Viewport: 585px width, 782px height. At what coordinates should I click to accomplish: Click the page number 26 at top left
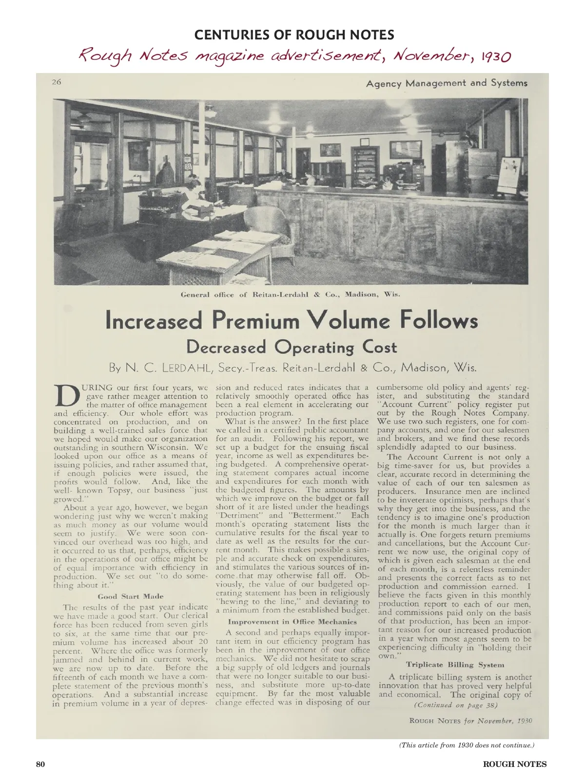point(57,82)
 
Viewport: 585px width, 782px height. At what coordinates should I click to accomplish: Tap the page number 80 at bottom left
point(40,764)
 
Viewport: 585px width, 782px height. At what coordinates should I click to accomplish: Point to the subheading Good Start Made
point(131,596)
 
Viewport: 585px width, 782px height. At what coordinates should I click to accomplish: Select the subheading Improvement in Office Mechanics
point(292,622)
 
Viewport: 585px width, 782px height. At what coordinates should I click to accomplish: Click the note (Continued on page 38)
point(455,705)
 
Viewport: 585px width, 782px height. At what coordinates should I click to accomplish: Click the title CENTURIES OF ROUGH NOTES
point(294,35)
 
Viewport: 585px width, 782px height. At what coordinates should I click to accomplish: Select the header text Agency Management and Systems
point(447,83)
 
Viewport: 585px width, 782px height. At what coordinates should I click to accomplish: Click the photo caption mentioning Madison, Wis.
point(290,295)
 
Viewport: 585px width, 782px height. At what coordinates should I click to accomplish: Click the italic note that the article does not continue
point(467,745)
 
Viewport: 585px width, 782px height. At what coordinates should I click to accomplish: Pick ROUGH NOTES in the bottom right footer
point(514,764)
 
